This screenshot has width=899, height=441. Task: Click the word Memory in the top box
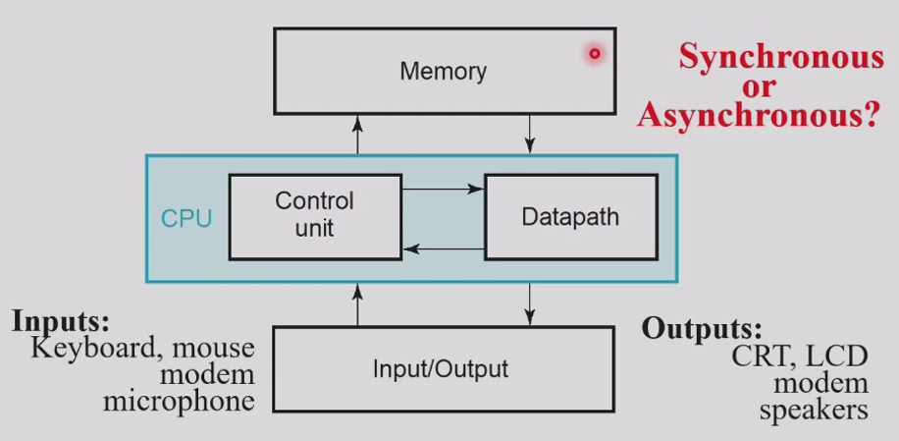coord(444,72)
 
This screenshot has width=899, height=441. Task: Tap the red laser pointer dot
coord(595,54)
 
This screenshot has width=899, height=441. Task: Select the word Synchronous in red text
coord(781,57)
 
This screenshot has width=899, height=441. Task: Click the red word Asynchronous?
coord(758,115)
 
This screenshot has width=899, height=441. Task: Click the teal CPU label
coord(186,218)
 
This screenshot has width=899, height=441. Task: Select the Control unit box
coord(315,217)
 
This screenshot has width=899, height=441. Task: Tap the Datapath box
coord(571,217)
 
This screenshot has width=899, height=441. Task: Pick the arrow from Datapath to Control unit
coord(444,248)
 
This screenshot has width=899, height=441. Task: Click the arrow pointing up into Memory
coord(358,135)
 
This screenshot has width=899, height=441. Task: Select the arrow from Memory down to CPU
coord(529,135)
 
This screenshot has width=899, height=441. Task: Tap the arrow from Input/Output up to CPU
coord(358,303)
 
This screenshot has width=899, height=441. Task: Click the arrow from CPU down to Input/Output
coord(529,303)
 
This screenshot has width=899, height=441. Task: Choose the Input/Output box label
coord(441,368)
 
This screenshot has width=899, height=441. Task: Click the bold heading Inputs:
coord(61,321)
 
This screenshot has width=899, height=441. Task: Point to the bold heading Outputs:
coord(702,328)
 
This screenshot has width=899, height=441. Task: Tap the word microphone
coord(179,402)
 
